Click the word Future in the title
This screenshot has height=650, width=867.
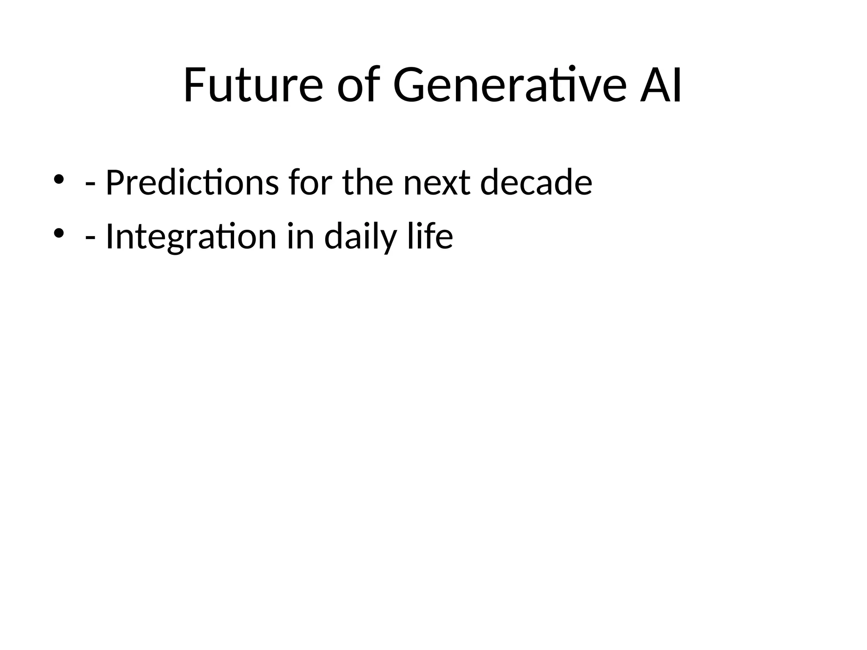[x=253, y=86]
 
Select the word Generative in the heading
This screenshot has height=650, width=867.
[x=509, y=86]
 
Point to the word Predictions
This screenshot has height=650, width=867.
[x=192, y=183]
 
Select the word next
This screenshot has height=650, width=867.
[x=436, y=183]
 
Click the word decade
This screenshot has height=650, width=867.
[x=536, y=183]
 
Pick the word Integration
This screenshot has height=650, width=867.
[x=191, y=237]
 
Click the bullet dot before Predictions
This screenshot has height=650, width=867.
[x=58, y=179]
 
